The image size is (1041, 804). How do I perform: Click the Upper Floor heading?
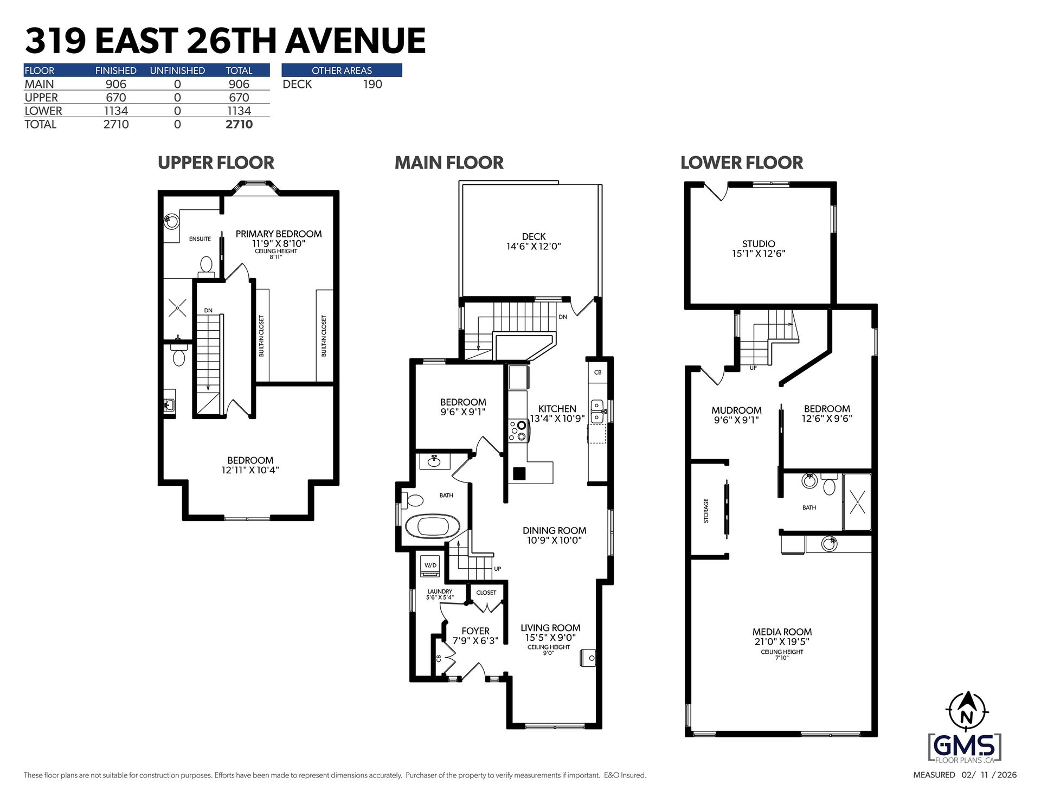pos(216,163)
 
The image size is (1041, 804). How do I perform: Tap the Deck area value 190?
pos(372,84)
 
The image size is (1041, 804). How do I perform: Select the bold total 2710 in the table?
pos(239,124)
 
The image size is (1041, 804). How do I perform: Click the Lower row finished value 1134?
pos(116,111)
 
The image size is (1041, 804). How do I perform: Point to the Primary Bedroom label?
pos(279,234)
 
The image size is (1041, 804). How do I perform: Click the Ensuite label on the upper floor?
pos(200,239)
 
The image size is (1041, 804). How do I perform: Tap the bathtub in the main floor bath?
pos(433,526)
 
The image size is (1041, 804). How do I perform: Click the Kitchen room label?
pos(557,409)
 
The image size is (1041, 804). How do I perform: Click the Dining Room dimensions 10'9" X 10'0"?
pos(554,541)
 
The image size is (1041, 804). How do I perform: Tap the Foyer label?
pos(475,631)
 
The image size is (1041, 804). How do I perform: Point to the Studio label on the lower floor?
pos(759,244)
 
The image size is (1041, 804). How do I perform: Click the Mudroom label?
pos(736,410)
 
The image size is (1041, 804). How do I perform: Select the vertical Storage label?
pos(706,511)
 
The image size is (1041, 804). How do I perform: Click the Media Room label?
pos(782,632)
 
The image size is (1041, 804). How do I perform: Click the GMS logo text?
pos(965,747)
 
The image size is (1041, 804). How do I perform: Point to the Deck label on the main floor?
pos(534,236)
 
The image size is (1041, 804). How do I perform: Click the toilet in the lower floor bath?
pos(829,484)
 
